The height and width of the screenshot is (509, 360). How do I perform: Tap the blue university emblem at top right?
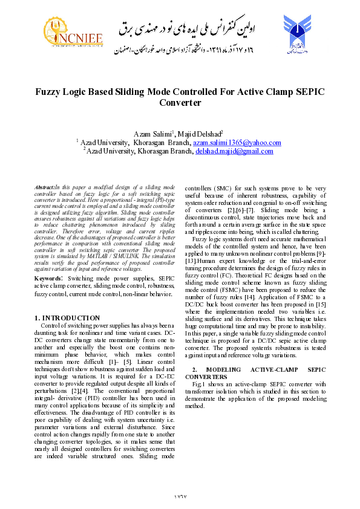point(298,34)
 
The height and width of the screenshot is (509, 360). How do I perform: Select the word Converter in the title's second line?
point(180,103)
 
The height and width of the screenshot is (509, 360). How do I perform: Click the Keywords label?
point(49,278)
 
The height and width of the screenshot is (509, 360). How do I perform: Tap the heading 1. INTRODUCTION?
point(67,317)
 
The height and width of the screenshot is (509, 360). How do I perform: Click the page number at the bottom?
point(180,496)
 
